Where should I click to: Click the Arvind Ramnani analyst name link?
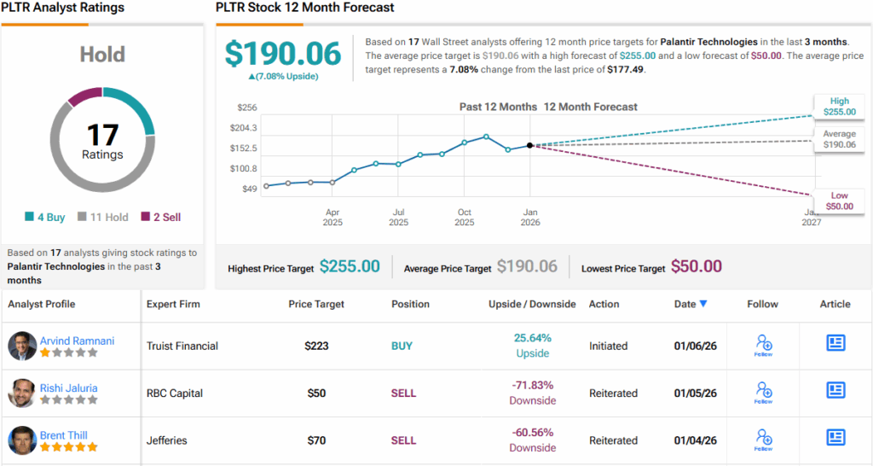point(77,341)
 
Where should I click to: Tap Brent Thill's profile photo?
point(22,440)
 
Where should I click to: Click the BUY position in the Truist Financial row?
point(402,346)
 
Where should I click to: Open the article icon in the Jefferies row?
point(835,438)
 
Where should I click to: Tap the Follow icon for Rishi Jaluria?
point(763,392)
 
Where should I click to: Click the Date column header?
point(690,304)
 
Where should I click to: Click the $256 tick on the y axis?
point(247,108)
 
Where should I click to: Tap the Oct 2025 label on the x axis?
point(465,218)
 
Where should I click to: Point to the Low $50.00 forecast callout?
point(839,201)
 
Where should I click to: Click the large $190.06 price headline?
point(282,54)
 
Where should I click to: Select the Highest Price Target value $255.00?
point(350,267)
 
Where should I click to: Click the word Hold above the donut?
point(102,55)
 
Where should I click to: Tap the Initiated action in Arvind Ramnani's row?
point(608,346)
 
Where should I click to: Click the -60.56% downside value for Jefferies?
point(533,434)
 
